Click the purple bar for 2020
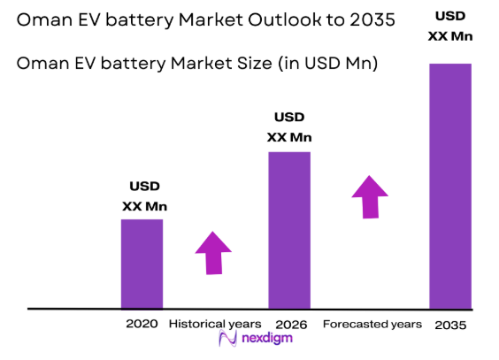142,263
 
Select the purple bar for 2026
289,230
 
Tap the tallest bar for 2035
450,186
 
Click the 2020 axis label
142,324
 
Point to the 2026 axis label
291,325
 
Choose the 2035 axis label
450,325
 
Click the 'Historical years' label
215,324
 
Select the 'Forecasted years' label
372,324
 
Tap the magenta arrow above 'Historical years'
212,253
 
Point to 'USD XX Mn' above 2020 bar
144,197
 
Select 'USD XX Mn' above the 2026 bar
289,126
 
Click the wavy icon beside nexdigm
226,341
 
